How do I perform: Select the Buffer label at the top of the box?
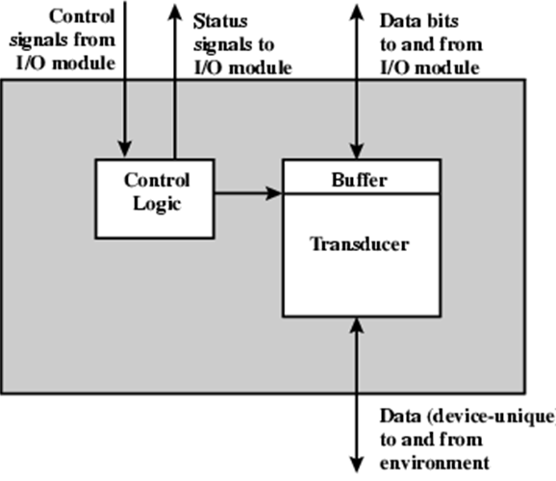click(361, 179)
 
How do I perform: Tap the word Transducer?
click(361, 244)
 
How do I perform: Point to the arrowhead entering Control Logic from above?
click(125, 150)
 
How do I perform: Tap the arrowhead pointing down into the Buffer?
click(358, 151)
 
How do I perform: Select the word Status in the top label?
click(220, 19)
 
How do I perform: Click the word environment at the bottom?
click(435, 463)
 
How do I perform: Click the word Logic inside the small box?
click(153, 203)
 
